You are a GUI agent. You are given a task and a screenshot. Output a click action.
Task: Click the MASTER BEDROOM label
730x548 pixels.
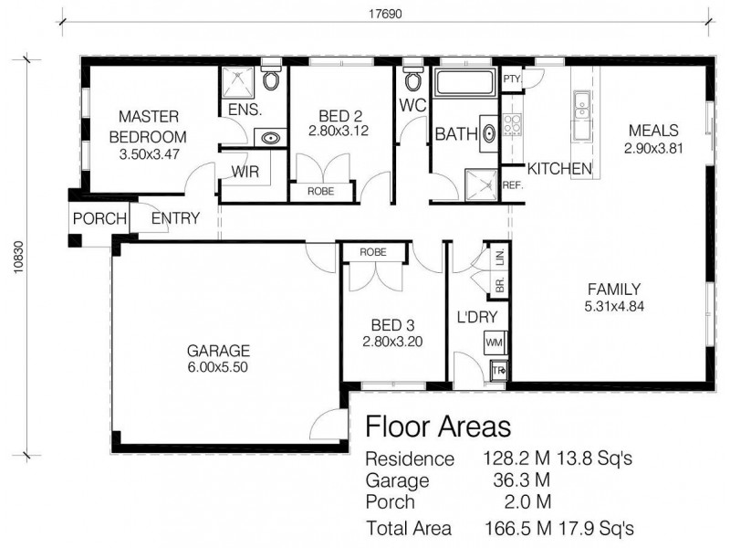(x=149, y=127)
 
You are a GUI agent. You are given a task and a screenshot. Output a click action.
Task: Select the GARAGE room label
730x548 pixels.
(x=218, y=351)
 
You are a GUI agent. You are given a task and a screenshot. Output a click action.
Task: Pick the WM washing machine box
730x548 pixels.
(x=495, y=342)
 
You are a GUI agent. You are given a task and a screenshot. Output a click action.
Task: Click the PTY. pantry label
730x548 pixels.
(x=512, y=79)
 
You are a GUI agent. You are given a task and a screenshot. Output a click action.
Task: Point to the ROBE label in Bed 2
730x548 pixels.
(x=319, y=193)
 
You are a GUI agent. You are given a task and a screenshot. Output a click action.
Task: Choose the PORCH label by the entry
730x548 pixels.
(x=99, y=219)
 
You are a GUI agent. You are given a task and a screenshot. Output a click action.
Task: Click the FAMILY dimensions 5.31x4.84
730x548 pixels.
(x=614, y=307)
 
